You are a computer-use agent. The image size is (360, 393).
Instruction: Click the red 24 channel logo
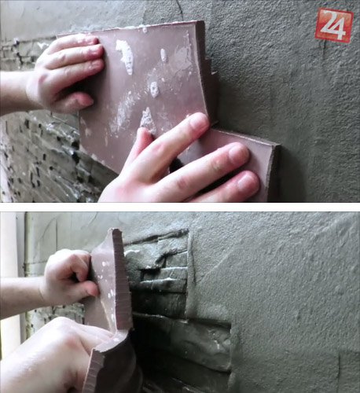tap(334, 25)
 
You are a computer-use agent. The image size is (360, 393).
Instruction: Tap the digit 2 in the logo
tap(328, 23)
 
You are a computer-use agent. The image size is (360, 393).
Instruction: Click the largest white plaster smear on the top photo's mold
tap(125, 56)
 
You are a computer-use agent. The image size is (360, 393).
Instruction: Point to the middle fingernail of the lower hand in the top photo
tap(238, 154)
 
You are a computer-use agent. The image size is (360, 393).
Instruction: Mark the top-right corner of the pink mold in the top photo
tap(204, 21)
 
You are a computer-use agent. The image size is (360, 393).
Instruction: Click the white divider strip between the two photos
tap(180, 207)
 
